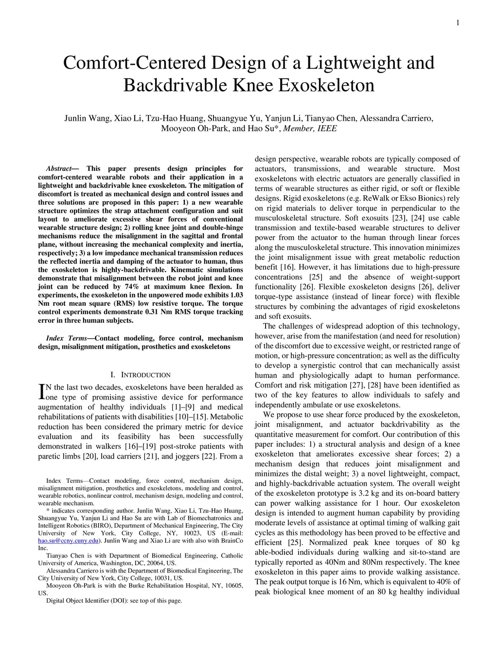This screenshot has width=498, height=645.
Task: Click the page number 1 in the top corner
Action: pyautogui.click(x=458, y=23)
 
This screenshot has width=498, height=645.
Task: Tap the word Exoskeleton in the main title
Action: pyautogui.click(x=327, y=85)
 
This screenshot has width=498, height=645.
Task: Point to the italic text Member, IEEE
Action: pyautogui.click(x=310, y=129)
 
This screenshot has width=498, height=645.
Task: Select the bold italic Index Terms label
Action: pyautogui.click(x=67, y=338)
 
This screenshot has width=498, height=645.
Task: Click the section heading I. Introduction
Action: pyautogui.click(x=141, y=375)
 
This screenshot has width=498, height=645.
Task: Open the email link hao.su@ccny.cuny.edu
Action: pyautogui.click(x=68, y=540)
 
